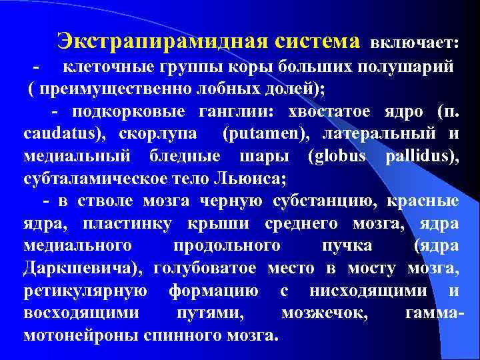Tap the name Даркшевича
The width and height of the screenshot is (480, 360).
tap(84, 269)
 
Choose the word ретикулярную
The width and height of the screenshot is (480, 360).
tap(85, 291)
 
